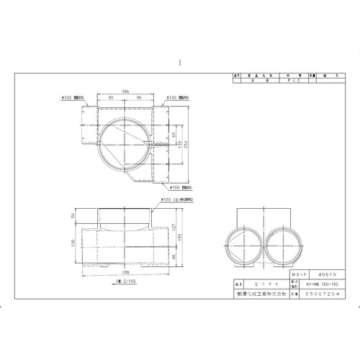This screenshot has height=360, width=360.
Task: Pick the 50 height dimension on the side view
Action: pyautogui.click(x=73, y=216)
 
